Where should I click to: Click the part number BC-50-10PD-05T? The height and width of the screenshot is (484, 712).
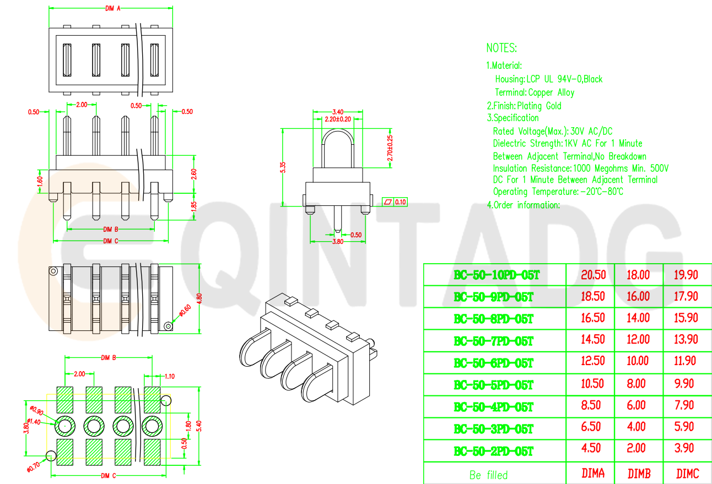pos(494,275)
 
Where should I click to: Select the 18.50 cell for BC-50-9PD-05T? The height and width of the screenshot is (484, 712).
pos(592,296)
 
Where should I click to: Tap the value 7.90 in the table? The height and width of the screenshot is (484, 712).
pos(686,405)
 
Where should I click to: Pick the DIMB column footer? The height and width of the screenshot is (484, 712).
pos(638,474)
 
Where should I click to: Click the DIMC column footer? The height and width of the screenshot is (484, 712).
pos(687,474)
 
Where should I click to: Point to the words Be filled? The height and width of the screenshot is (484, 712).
pos(488,475)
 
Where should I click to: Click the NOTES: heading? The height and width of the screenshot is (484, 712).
pos(501,47)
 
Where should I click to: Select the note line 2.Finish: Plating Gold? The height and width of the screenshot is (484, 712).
pos(524,106)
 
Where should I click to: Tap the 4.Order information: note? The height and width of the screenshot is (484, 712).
pos(523,205)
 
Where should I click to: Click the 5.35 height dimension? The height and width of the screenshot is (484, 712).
pos(283,167)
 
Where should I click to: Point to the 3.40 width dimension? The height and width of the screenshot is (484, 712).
pos(338,112)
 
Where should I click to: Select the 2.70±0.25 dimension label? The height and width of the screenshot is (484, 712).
pos(390,148)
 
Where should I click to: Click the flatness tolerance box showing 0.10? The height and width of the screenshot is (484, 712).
pos(395,202)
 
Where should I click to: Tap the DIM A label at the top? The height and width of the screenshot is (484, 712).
pos(112,8)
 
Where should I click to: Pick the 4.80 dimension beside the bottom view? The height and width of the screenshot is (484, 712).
pos(199,298)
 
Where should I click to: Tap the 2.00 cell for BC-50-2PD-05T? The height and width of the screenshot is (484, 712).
pos(638,448)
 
